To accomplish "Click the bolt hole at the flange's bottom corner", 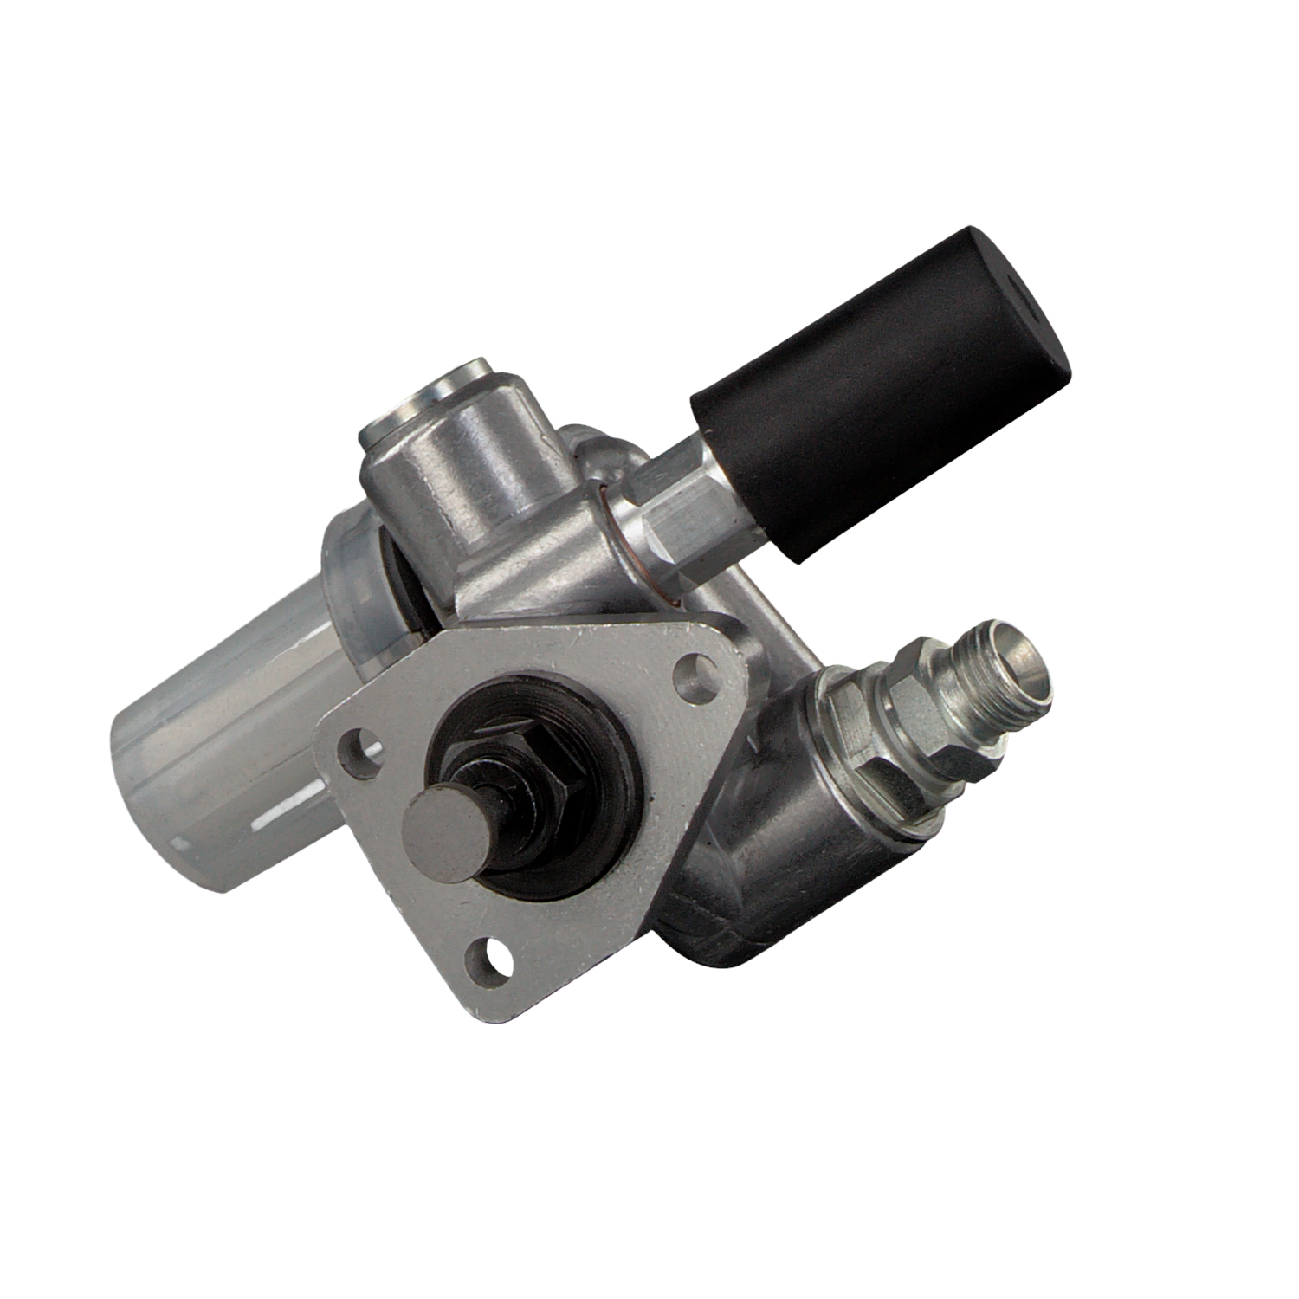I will click(x=487, y=954).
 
